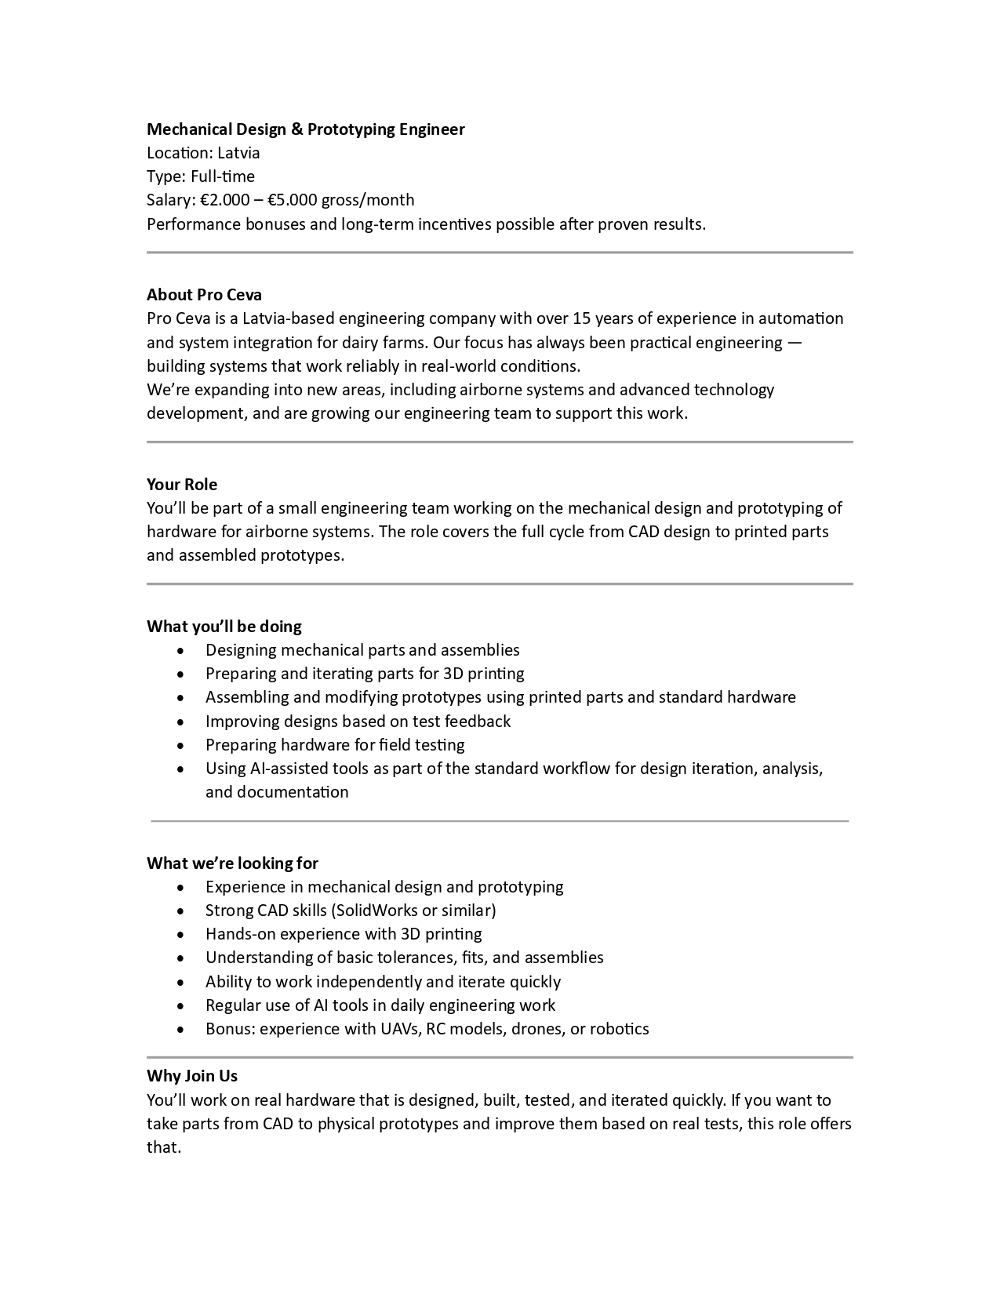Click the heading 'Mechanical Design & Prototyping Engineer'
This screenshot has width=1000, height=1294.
pos(305,129)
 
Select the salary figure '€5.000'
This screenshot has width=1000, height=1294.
pos(292,200)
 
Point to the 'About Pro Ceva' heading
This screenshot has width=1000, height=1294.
pos(204,295)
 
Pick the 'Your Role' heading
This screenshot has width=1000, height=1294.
pos(182,485)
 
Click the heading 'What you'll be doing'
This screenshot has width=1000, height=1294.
pos(224,627)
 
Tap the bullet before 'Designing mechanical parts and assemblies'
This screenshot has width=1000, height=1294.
pos(181,651)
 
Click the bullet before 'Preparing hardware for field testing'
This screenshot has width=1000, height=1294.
pos(181,746)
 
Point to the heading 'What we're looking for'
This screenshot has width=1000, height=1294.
pos(232,863)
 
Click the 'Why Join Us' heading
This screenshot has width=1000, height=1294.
pos(192,1076)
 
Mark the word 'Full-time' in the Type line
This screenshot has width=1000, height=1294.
pos(223,176)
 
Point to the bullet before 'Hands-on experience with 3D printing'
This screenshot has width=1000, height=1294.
pos(181,935)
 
